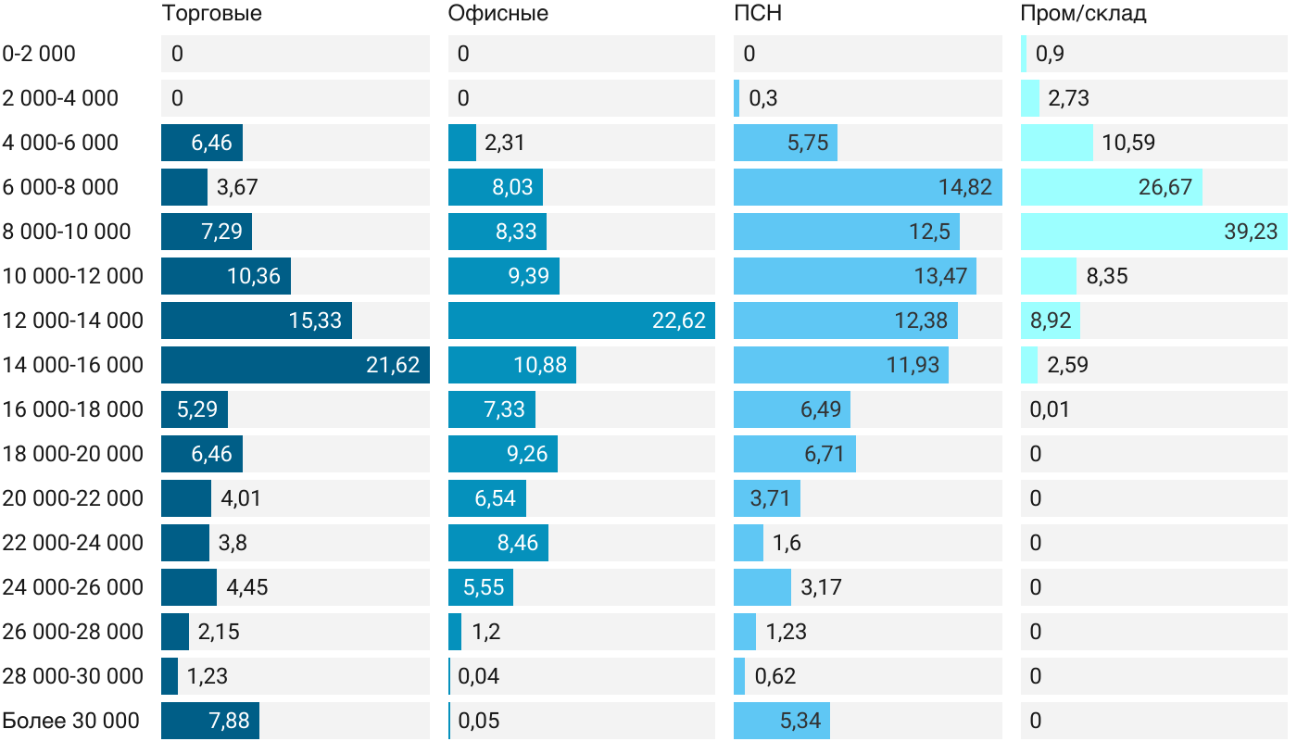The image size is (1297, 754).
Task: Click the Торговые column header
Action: tap(211, 14)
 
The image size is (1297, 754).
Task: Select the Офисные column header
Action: tap(497, 14)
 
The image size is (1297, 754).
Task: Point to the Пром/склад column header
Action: tap(1083, 14)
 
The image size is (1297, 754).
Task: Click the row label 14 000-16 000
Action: tap(73, 365)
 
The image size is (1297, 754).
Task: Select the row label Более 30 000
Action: tap(70, 721)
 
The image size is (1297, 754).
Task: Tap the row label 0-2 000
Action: tap(39, 54)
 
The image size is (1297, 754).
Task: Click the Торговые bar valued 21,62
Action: tap(295, 365)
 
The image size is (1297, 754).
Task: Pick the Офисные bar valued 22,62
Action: tap(581, 320)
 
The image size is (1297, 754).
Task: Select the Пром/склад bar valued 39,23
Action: tap(1153, 232)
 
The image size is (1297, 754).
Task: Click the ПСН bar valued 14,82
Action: tap(867, 187)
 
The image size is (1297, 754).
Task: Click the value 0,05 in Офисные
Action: tap(479, 721)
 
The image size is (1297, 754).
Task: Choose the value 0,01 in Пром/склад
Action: tap(1050, 409)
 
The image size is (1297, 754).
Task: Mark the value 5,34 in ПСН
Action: tap(800, 721)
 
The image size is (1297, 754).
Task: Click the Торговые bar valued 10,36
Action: tap(226, 276)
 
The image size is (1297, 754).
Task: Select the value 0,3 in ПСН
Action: tap(762, 98)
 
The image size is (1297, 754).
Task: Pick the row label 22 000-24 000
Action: tap(73, 543)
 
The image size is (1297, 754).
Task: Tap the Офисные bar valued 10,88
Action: tap(512, 365)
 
